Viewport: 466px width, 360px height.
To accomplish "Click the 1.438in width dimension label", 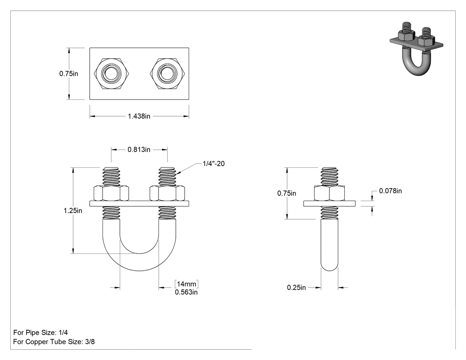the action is point(139,116).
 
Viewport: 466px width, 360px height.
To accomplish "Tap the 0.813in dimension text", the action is point(139,150).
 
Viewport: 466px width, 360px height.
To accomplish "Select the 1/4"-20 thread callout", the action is point(213,163).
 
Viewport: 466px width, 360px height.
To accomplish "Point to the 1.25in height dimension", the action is point(73,210).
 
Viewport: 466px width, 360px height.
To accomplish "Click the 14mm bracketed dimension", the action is point(186,284).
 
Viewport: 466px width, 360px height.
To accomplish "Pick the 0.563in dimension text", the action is point(186,292).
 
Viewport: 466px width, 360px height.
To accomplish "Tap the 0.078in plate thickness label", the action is point(390,191).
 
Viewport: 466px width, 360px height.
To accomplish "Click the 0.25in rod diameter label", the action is point(296,288).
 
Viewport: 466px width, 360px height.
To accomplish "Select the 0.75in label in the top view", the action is point(69,73).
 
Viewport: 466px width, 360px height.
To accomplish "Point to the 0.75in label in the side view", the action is point(287,193).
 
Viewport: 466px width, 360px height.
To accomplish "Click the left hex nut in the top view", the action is point(111,73).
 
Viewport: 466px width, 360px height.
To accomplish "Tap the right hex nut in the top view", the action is point(168,73).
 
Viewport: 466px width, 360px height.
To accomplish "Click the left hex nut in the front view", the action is point(111,194).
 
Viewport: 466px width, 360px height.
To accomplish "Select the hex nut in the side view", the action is point(329,194).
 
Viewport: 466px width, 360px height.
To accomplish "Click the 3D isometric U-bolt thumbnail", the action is point(416,47).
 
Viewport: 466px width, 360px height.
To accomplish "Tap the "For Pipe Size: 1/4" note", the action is point(40,332).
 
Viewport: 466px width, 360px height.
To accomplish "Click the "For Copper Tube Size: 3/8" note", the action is point(54,341).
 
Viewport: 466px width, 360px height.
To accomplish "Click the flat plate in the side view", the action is point(329,204).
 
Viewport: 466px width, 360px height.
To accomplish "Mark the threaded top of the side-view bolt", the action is point(329,177).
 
